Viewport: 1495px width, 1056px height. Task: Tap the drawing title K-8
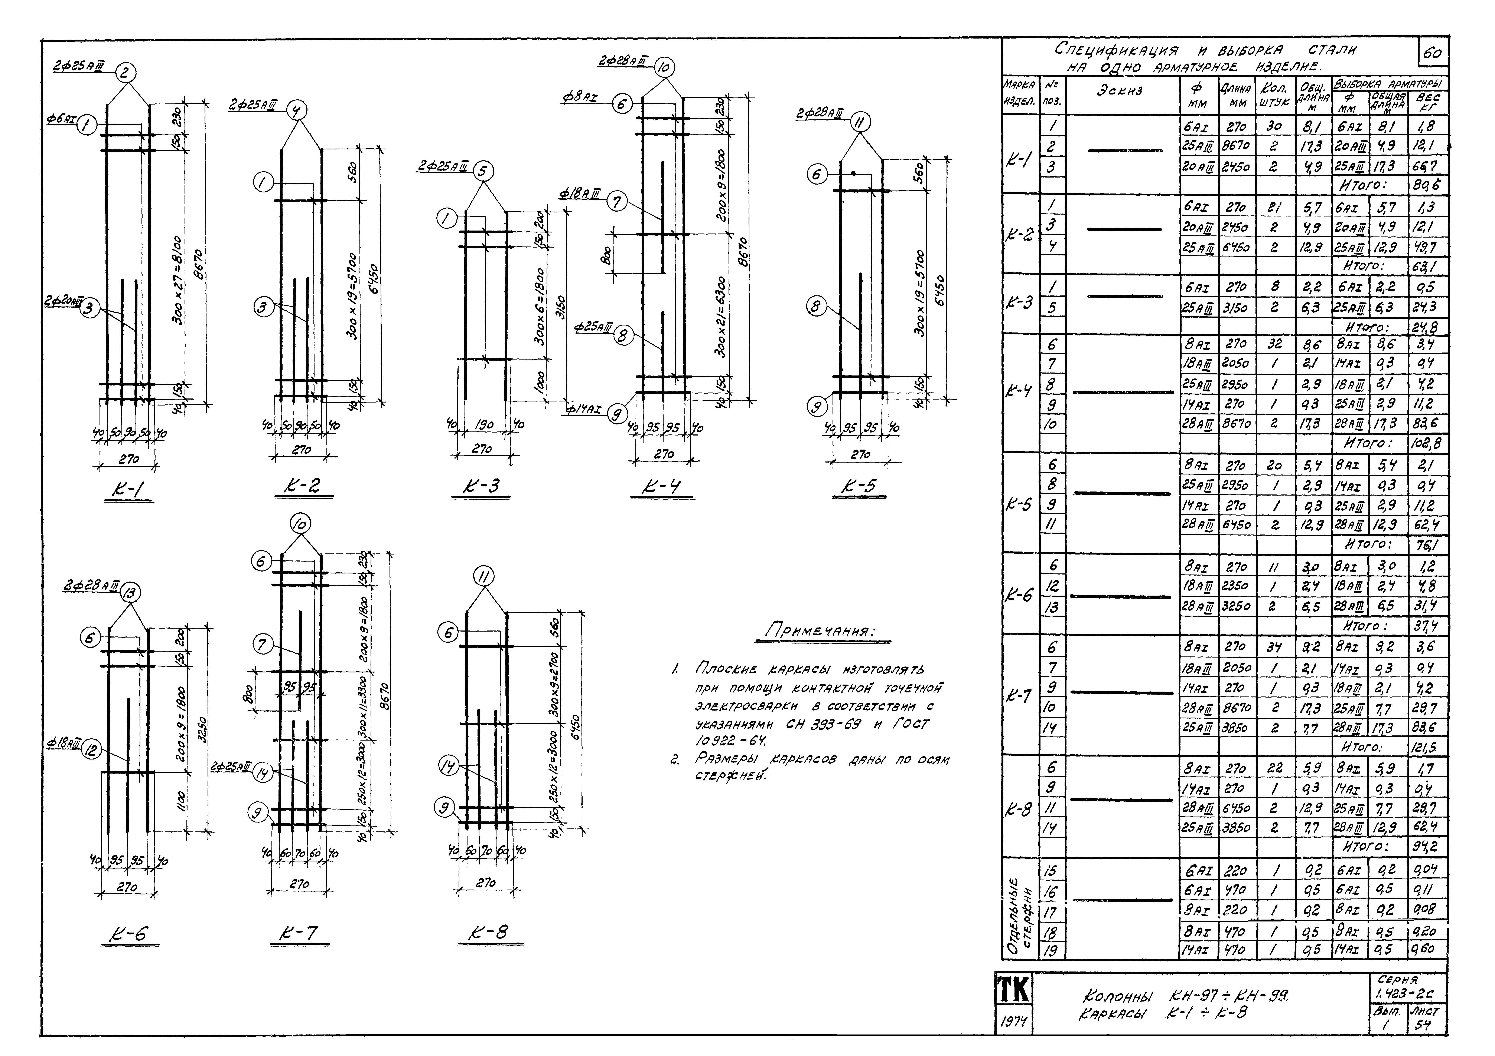[x=495, y=933]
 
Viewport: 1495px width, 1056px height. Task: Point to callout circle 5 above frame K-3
[x=482, y=171]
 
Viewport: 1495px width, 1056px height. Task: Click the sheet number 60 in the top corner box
[x=1431, y=53]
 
